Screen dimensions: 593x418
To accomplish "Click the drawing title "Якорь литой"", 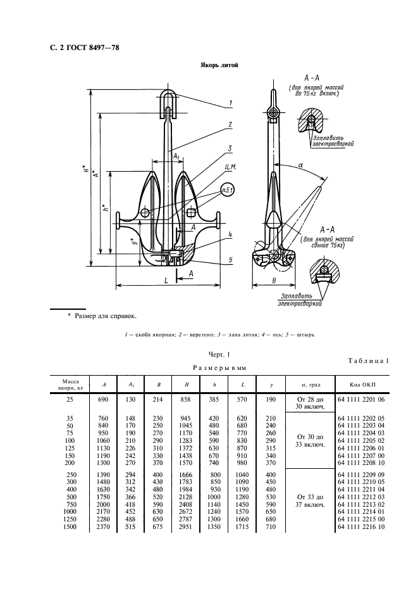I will pyautogui.click(x=219, y=65).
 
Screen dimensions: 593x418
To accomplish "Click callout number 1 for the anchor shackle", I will pyautogui.click(x=231, y=102).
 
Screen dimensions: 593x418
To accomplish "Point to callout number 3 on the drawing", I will pyautogui.click(x=231, y=148).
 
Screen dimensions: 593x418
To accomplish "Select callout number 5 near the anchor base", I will pyautogui.click(x=230, y=260).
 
